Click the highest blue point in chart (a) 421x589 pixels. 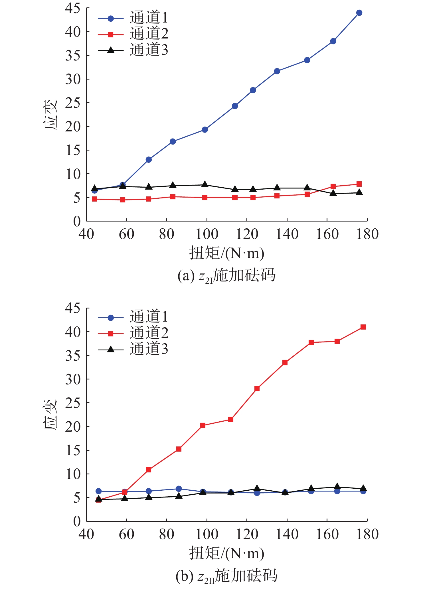point(359,13)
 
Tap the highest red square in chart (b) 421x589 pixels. point(363,327)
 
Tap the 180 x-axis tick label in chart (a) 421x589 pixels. point(367,234)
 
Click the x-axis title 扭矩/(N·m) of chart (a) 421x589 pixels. point(226,253)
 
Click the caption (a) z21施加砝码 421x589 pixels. point(226,276)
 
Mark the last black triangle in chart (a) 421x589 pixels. point(359,192)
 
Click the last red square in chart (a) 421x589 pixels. point(359,184)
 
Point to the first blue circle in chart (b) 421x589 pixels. point(98,491)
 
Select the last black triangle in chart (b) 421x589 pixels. point(363,488)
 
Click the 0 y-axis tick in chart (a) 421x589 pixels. point(77,221)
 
